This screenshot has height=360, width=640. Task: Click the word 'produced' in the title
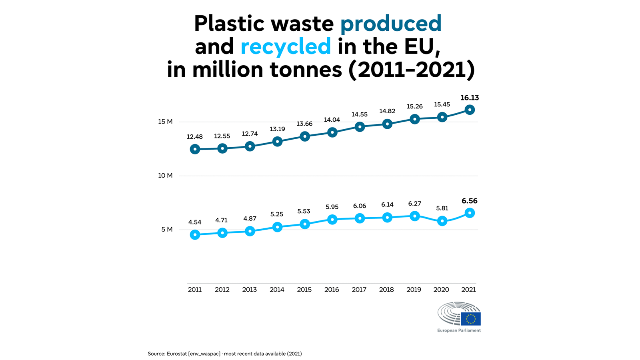tap(391, 24)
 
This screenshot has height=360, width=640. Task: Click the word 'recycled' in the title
tap(286, 46)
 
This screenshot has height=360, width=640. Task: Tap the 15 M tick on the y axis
tap(166, 122)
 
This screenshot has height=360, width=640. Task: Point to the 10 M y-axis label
tap(166, 176)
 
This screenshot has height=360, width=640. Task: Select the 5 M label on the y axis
tap(167, 230)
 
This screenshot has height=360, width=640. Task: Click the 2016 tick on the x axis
tap(332, 290)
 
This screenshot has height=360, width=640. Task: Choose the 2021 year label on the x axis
tap(468, 290)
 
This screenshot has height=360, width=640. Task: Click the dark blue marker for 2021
tap(470, 110)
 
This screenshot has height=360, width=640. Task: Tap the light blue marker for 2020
tap(442, 221)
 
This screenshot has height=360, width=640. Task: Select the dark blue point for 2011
tap(195, 149)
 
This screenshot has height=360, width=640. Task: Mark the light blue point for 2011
tap(195, 234)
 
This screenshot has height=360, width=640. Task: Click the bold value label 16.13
tap(470, 98)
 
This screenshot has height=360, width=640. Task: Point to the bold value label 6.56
tap(470, 201)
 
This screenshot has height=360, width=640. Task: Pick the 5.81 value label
tap(442, 208)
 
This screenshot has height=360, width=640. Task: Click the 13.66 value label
tap(304, 124)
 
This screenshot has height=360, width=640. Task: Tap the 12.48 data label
tap(194, 136)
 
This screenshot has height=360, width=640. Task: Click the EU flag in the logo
tap(471, 319)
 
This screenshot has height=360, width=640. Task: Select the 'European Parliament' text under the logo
tap(459, 330)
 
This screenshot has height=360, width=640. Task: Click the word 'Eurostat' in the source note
tap(176, 354)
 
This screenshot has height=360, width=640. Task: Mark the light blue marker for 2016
tap(332, 220)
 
